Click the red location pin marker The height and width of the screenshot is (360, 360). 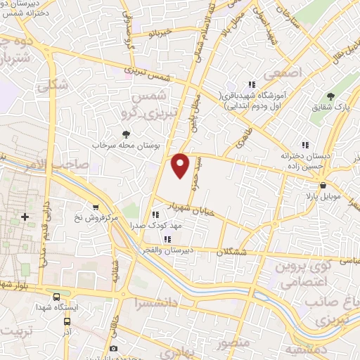[181, 166]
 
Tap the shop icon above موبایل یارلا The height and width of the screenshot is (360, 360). [323, 186]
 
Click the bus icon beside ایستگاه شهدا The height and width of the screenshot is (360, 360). [56, 297]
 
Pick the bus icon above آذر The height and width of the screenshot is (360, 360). [67, 320]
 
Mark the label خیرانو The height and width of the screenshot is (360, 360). [159, 32]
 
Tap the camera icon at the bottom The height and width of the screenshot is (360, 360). [115, 348]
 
